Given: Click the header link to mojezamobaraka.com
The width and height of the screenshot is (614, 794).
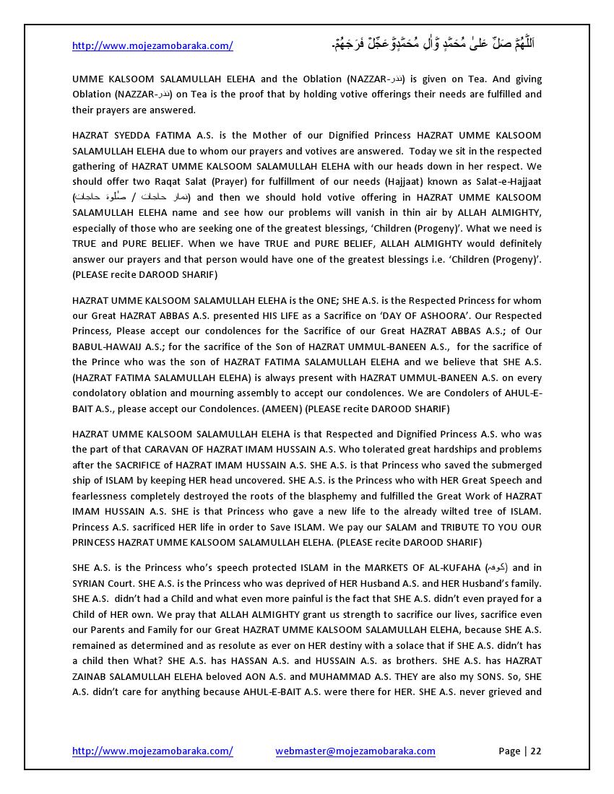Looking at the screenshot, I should tap(152, 45).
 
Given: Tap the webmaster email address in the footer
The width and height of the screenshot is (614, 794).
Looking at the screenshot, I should tap(355, 751).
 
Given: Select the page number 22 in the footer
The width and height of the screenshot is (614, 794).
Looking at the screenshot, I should tap(536, 751).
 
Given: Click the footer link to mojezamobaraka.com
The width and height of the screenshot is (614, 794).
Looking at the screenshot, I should tap(152, 751).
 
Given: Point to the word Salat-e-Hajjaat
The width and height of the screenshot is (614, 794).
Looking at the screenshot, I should tap(506, 182).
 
